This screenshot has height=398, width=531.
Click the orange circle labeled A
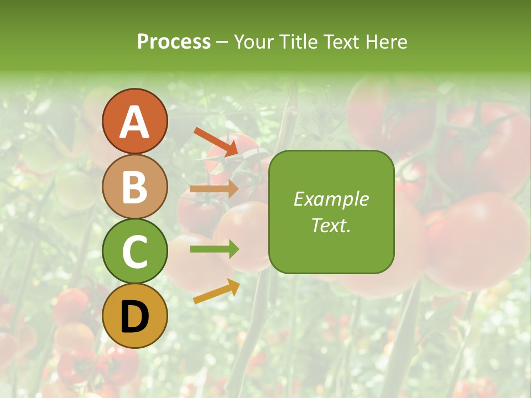(134, 122)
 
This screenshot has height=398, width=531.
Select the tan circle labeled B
(134, 186)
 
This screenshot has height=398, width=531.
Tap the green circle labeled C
(134, 252)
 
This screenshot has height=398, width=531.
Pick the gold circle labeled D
(134, 316)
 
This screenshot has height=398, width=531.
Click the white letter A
(134, 122)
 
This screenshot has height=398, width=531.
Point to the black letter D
(134, 317)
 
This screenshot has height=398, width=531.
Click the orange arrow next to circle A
(216, 142)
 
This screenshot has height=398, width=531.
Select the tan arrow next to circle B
(214, 188)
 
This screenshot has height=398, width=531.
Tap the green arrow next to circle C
(215, 249)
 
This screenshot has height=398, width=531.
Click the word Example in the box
(331, 199)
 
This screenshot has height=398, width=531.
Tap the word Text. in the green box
(331, 225)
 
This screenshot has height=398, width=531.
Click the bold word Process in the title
(174, 41)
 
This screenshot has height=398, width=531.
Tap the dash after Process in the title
(222, 42)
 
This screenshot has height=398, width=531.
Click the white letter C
(134, 252)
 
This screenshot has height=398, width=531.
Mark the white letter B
(134, 186)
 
